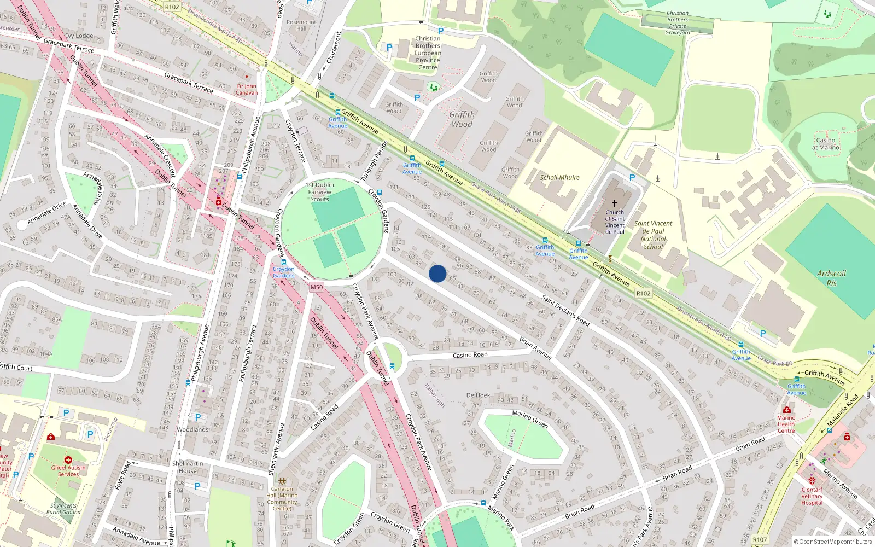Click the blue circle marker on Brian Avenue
click(437, 273)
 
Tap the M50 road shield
click(316, 287)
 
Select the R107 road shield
click(760, 539)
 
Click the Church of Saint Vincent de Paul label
click(615, 222)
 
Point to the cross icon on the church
click(615, 203)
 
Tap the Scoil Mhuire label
click(559, 178)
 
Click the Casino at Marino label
click(825, 144)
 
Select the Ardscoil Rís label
click(831, 278)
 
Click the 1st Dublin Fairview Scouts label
click(320, 192)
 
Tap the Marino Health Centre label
click(786, 424)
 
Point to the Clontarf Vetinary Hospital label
click(812, 496)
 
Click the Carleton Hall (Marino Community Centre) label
click(282, 499)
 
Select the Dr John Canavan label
click(247, 89)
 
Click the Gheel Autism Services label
click(68, 471)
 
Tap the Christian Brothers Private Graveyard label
click(678, 23)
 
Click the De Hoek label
click(478, 395)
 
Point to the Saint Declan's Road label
click(565, 310)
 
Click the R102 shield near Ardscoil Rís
click(643, 293)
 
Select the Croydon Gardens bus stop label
click(284, 272)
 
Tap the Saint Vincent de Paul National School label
click(653, 235)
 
